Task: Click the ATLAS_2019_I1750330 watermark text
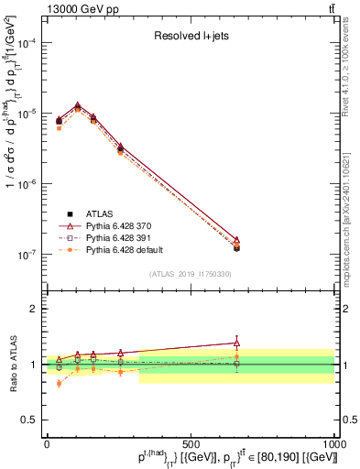coord(190,274)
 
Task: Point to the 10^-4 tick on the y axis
coord(27,43)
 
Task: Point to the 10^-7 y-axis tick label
coord(27,255)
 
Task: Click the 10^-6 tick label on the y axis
coord(27,184)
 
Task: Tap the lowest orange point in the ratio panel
coord(60,383)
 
